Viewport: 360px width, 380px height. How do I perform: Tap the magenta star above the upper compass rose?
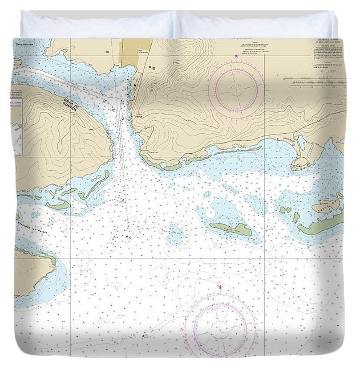[x=236, y=56]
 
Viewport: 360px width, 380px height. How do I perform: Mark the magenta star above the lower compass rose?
[x=220, y=287]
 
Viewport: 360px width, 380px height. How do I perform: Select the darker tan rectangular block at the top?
[x=136, y=53]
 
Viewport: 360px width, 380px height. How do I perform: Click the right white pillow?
[x=257, y=24]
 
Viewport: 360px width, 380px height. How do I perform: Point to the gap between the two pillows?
[x=178, y=25]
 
